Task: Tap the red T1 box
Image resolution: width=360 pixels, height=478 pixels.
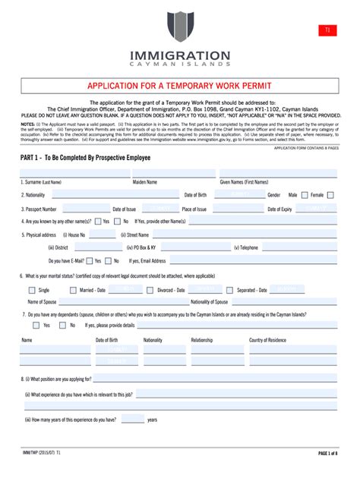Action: (x=327, y=30)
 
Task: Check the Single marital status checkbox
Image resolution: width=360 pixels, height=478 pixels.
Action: (x=30, y=290)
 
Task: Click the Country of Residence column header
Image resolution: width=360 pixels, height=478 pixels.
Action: (x=267, y=340)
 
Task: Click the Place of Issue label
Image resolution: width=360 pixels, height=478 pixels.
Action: (x=194, y=209)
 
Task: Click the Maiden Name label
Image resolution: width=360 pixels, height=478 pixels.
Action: (x=145, y=183)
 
